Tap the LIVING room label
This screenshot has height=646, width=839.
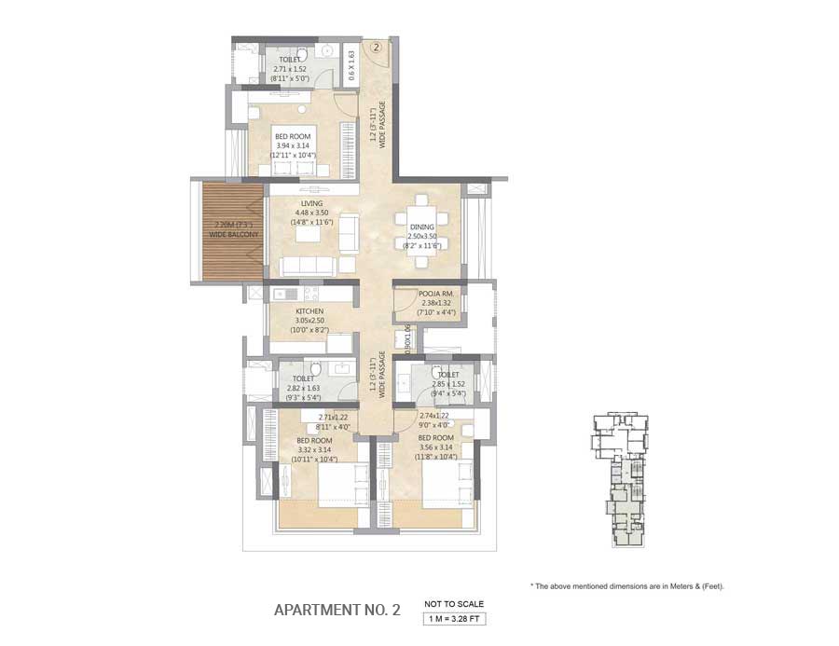coord(311,203)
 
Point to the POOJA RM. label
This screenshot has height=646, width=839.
coord(435,293)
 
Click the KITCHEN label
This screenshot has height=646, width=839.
coord(309,311)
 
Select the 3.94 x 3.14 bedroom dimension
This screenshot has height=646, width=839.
coord(294,145)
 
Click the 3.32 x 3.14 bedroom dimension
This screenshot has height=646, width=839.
coord(315,448)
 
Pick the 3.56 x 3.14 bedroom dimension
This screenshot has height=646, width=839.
coord(436,447)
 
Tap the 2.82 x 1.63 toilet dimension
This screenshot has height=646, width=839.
coord(303,389)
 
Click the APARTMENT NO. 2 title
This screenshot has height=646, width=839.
coord(337,611)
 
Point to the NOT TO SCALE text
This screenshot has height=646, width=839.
coord(454,603)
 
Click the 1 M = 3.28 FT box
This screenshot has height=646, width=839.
coord(454,618)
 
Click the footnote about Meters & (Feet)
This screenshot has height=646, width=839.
coord(626,586)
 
